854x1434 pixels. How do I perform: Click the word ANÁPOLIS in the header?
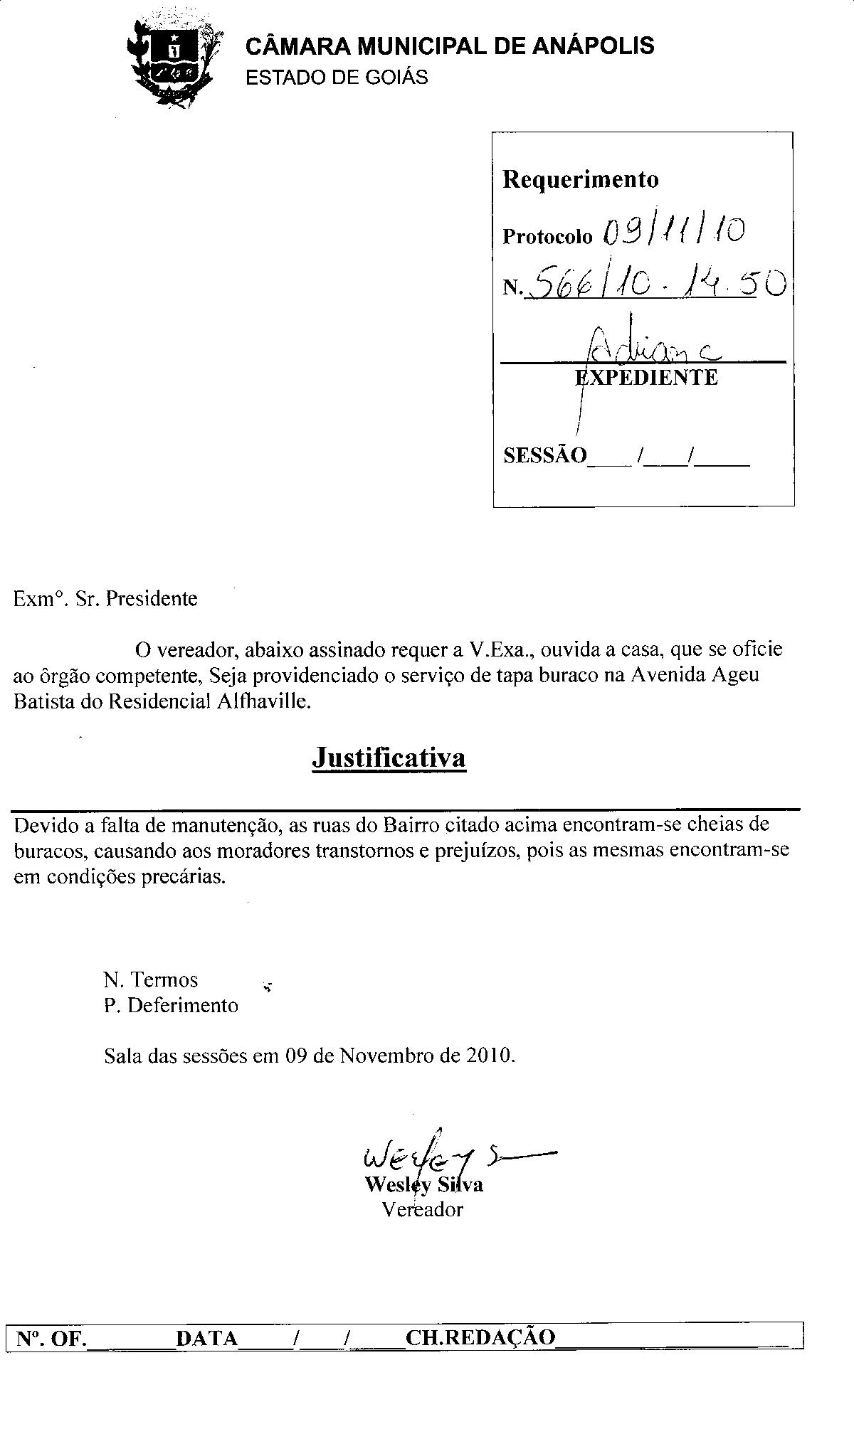tap(594, 46)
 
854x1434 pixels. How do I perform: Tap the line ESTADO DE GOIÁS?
tap(337, 77)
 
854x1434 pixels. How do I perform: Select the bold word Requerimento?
tap(581, 179)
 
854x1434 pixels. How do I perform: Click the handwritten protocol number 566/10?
tap(584, 285)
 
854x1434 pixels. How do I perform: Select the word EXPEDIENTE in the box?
tap(647, 377)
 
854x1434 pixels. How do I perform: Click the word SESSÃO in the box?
tap(545, 455)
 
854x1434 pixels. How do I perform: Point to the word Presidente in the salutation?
tap(152, 598)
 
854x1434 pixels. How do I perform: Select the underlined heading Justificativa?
tap(389, 757)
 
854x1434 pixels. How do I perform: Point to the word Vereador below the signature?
tap(422, 1209)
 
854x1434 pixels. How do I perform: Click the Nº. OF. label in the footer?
tap(51, 1339)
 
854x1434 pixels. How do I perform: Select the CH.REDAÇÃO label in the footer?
tap(480, 1338)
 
